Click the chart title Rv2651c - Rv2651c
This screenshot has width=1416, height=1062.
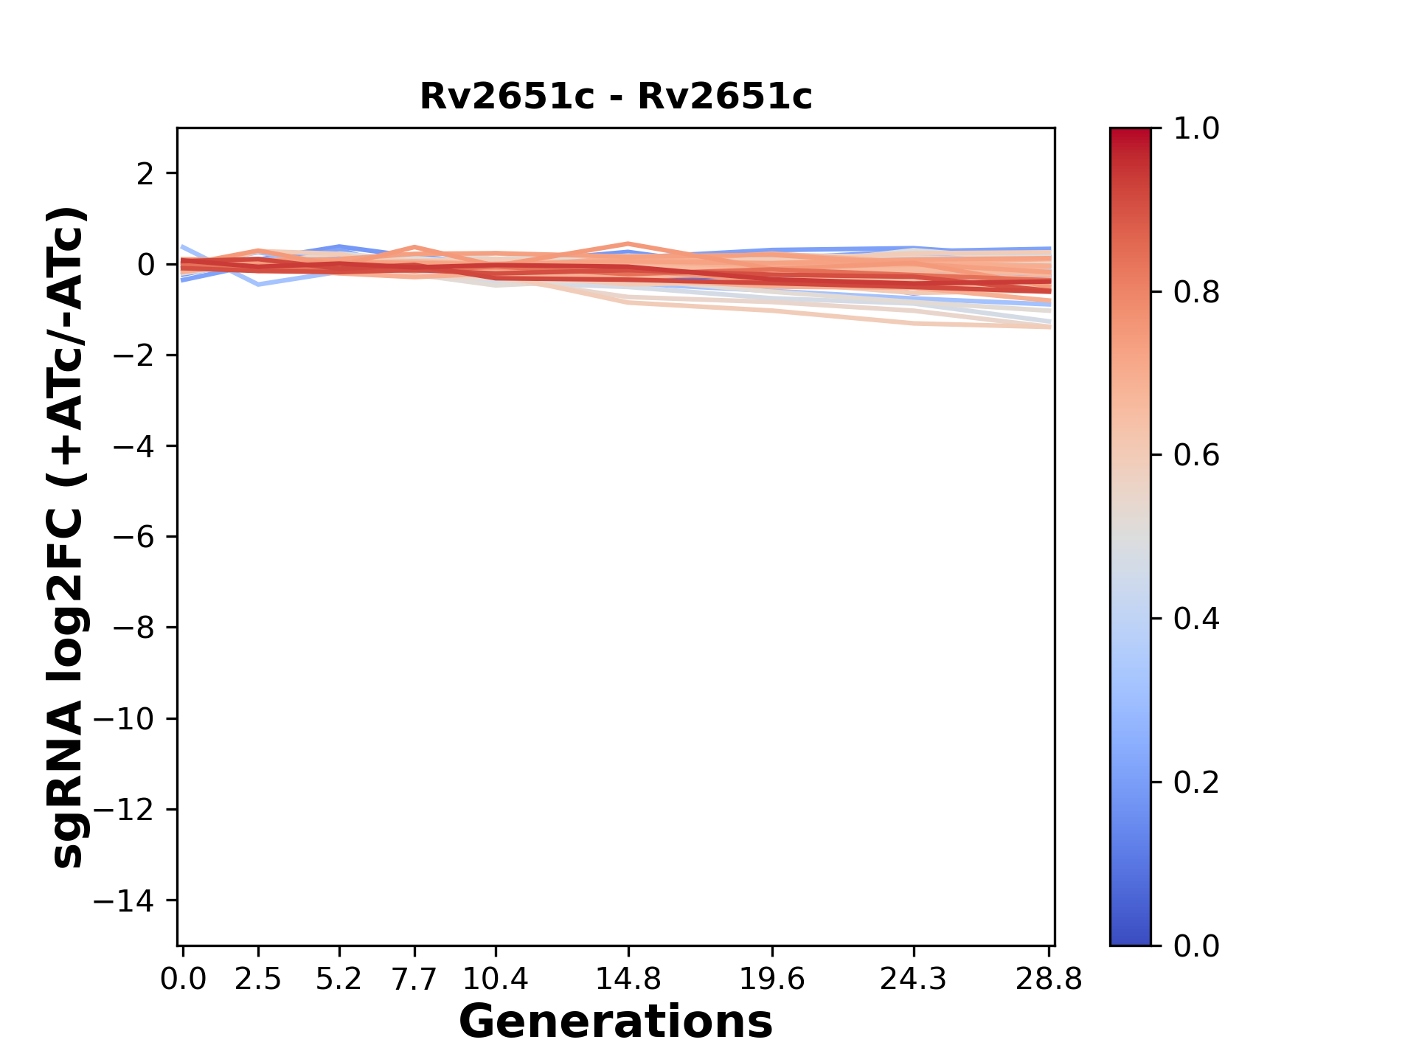pyautogui.click(x=616, y=97)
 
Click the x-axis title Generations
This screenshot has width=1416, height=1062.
pyautogui.click(x=616, y=1022)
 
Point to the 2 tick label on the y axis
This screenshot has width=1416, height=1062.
pyautogui.click(x=145, y=174)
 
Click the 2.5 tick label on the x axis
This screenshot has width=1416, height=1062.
pyautogui.click(x=258, y=979)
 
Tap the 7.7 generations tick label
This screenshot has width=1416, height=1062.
pyautogui.click(x=414, y=979)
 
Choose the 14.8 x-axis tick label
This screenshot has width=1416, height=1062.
pyautogui.click(x=628, y=979)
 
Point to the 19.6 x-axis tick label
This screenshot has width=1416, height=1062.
pyautogui.click(x=772, y=979)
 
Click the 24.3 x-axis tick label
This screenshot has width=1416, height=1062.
pyautogui.click(x=914, y=979)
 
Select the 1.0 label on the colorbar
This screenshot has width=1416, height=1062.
pyautogui.click(x=1196, y=129)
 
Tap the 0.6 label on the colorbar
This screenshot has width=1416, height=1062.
pyautogui.click(x=1196, y=456)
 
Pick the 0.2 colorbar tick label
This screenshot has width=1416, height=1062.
pyautogui.click(x=1196, y=782)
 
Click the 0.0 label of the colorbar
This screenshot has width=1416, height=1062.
pyautogui.click(x=1196, y=946)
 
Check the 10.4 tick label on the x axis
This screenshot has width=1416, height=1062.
pyautogui.click(x=496, y=979)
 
